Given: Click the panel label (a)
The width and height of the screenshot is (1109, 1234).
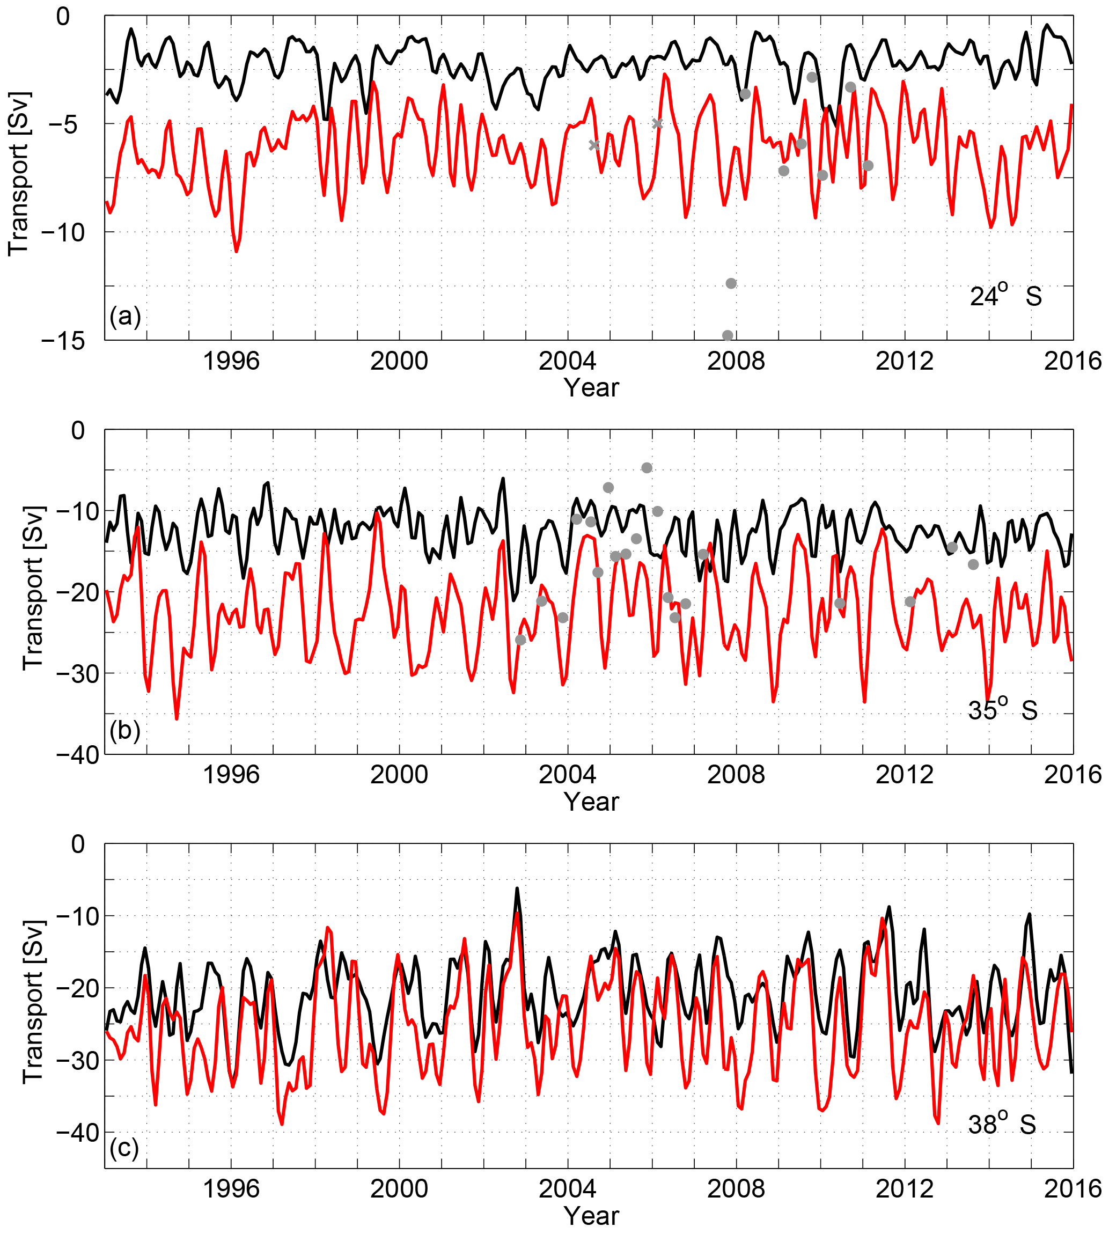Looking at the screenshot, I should coord(125,317).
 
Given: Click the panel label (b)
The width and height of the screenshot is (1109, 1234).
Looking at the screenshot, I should coord(125,730).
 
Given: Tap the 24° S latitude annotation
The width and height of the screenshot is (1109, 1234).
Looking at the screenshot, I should coord(1005,296).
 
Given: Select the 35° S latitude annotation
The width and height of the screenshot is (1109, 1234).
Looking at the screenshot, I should coord(1003,709).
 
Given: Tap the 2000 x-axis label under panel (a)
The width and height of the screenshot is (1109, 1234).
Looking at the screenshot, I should coord(399,362).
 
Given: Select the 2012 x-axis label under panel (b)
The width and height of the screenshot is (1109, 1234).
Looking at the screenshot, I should coord(904,775).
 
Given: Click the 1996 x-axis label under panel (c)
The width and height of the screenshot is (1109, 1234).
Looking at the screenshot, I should coord(231,1189).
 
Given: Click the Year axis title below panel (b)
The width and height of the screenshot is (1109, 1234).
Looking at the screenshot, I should coord(591,802).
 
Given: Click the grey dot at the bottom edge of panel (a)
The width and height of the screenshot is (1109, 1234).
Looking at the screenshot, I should coord(728,336).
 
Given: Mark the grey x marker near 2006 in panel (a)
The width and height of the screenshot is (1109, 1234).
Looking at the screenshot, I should coord(657,124).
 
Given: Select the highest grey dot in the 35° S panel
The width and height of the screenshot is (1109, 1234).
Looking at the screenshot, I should coord(647,468).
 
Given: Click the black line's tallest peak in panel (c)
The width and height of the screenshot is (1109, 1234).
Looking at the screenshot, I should coord(517,888).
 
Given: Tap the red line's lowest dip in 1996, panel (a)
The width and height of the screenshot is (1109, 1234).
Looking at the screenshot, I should coord(237,251).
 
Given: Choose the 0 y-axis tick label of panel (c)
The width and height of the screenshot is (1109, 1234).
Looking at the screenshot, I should coord(77,844).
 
